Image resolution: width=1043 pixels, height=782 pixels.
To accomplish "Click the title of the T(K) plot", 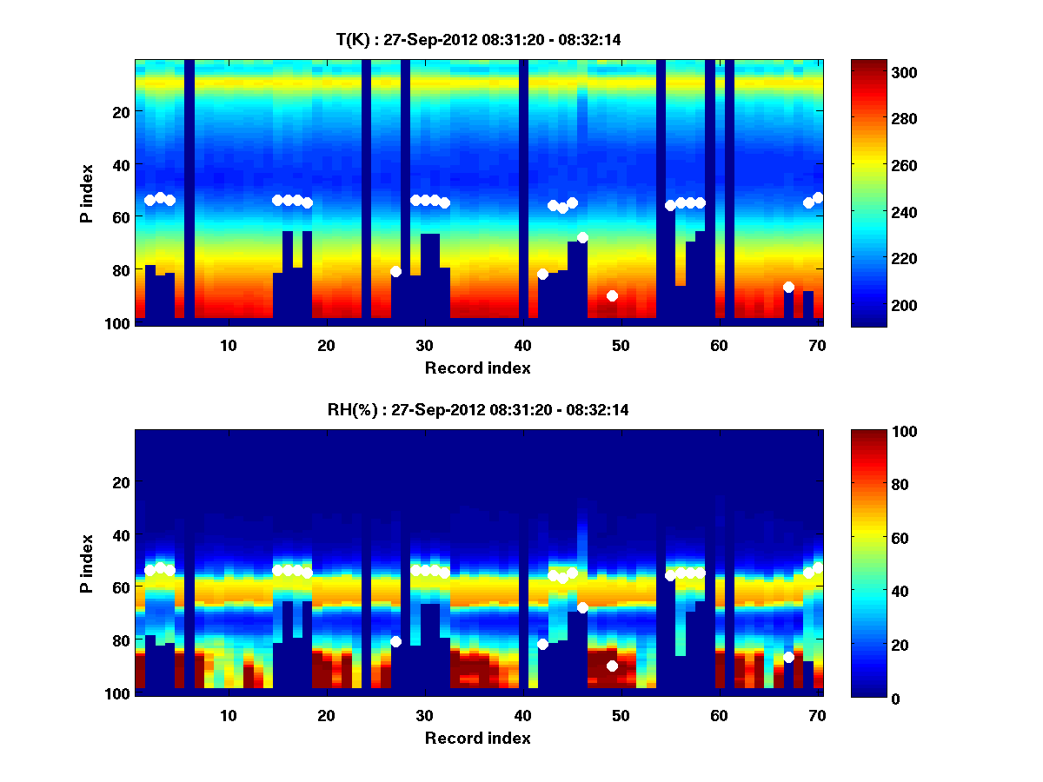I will tap(478, 39).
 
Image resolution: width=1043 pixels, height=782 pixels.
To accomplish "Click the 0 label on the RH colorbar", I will tap(866, 698).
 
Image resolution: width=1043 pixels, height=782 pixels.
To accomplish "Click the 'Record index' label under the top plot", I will tap(478, 368).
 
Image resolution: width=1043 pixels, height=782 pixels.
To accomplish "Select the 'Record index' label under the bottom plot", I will tap(478, 738).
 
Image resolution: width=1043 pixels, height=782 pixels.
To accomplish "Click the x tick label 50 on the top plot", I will tap(621, 345).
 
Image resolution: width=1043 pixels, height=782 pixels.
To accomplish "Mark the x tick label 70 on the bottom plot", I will tap(817, 715).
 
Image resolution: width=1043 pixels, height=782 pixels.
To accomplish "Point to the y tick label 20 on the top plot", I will tap(120, 111).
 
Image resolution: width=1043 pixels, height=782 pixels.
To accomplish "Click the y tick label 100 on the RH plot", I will tap(116, 693).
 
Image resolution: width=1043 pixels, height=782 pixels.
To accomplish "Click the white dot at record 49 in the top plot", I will tap(612, 295).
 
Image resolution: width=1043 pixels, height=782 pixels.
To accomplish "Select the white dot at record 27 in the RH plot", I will tap(395, 641).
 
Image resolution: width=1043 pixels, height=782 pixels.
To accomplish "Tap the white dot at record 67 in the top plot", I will tap(788, 287).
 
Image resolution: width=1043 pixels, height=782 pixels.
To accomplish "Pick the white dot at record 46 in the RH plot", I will tap(582, 607).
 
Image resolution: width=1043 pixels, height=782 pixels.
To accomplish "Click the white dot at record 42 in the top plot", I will tap(542, 274).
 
